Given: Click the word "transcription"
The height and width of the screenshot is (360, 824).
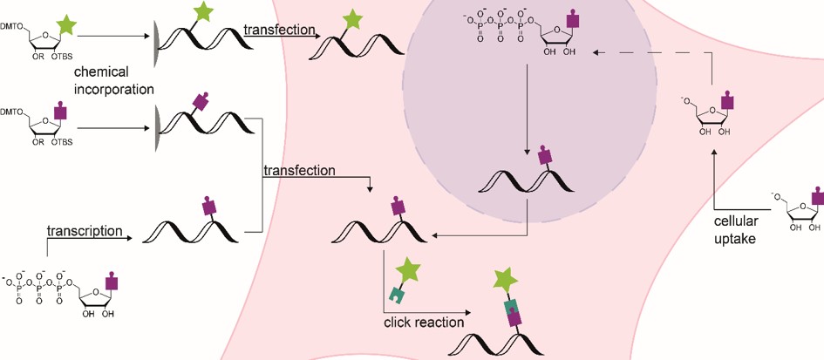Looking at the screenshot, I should [x=85, y=233].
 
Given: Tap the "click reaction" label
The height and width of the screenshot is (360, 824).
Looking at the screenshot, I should [x=424, y=323].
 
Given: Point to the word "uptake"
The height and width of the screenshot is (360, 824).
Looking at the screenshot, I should [x=739, y=236].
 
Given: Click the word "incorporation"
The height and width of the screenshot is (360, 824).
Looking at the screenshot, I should [x=114, y=89].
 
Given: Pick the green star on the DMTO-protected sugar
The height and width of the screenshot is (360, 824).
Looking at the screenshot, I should [x=69, y=15].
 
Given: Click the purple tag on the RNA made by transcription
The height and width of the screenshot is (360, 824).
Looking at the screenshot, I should [x=209, y=207].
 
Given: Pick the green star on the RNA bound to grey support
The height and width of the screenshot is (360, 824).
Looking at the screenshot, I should [x=202, y=13].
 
